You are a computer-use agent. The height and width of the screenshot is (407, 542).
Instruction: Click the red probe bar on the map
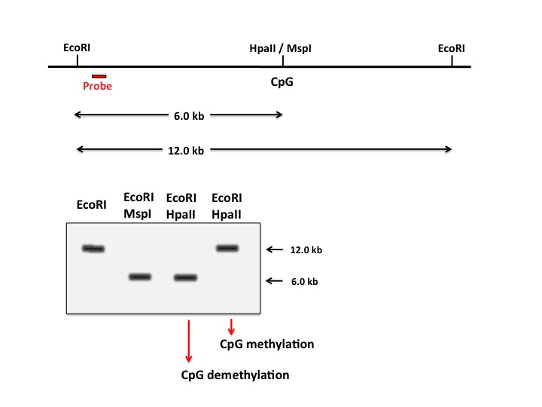point(99,76)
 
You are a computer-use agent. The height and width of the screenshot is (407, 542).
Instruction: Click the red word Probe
point(97,86)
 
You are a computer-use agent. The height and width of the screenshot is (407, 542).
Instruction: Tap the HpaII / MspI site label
point(280,49)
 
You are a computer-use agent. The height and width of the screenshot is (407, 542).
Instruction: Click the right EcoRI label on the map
point(451,49)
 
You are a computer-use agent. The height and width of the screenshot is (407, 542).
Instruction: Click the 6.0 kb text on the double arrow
point(188,116)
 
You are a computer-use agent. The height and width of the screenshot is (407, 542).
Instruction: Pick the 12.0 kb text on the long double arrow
point(186,151)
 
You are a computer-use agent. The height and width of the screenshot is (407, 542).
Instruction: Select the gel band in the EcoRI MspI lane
point(140,277)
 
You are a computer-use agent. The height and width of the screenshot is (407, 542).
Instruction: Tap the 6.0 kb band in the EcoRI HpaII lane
point(185,277)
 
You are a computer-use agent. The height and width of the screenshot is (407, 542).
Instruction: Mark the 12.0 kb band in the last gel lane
point(227,248)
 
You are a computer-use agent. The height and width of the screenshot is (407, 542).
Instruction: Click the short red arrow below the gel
point(231,326)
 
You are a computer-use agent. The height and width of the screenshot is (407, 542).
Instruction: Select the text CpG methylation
point(266,344)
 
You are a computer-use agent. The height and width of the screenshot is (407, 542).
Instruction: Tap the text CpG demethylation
point(234,375)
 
